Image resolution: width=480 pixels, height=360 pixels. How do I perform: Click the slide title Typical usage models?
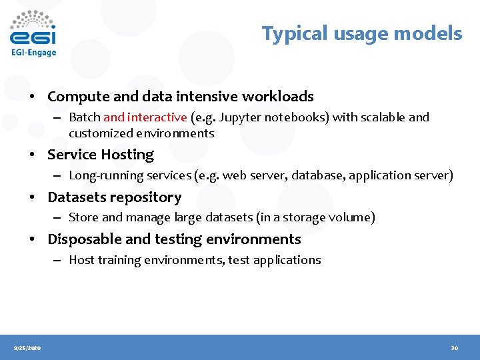(361, 33)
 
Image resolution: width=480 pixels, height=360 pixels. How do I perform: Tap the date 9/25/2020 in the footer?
(27, 348)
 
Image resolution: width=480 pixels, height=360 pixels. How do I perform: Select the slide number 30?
(454, 348)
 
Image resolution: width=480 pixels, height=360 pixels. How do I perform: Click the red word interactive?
(157, 117)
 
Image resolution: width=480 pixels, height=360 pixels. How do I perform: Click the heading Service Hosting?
(100, 155)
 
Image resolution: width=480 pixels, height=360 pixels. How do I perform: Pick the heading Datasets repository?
(114, 197)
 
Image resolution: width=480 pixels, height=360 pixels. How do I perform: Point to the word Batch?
(85, 117)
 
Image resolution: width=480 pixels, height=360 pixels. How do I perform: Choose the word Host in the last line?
(81, 260)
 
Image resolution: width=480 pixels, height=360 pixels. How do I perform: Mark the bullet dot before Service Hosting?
(32, 155)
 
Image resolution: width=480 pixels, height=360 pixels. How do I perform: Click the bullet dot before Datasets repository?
(32, 198)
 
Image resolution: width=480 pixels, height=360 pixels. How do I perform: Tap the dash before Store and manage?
(59, 218)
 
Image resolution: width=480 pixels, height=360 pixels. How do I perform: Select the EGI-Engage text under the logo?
(33, 52)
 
